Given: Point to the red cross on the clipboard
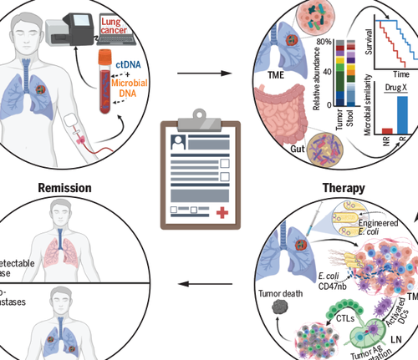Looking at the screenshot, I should [221, 213].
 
